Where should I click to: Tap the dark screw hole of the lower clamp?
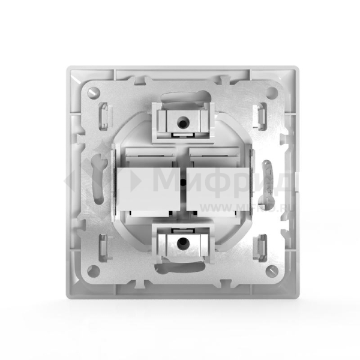(181, 242)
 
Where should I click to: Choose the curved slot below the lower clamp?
(181, 267)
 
